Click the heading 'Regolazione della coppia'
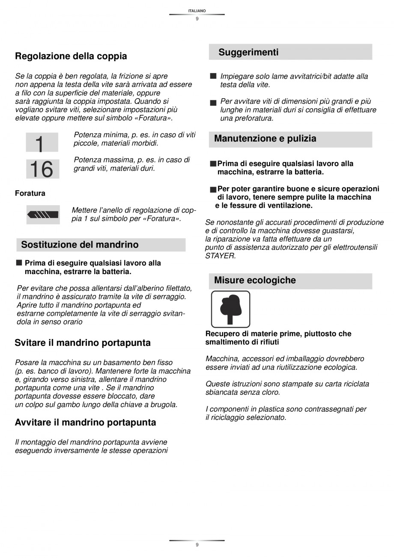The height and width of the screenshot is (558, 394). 71,56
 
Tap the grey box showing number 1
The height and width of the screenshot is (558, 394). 42,142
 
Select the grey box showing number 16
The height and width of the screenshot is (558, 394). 42,168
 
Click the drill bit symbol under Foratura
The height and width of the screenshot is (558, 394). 42,215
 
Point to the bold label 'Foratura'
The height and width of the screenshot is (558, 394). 30,193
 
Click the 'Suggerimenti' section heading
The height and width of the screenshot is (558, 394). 248,53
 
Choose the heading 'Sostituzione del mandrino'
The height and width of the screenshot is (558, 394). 80,245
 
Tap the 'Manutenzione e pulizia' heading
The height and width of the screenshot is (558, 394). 265,139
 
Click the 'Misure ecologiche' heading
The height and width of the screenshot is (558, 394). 255,280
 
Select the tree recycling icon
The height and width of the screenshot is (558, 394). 230,309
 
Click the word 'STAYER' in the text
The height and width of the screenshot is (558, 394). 221,256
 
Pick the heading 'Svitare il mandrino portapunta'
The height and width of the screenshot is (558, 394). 83,343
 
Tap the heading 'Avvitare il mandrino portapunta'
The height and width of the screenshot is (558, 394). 85,422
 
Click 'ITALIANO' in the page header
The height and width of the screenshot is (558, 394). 197,10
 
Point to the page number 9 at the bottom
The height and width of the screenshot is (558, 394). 197,545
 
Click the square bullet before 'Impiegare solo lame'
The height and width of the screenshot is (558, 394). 213,76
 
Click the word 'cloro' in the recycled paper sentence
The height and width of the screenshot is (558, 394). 270,392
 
